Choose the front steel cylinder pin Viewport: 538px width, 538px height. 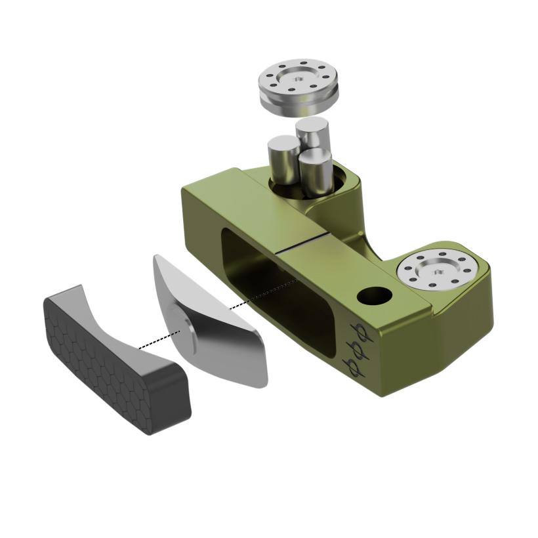click(x=314, y=173)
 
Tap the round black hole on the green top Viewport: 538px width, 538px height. click(x=373, y=297)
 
